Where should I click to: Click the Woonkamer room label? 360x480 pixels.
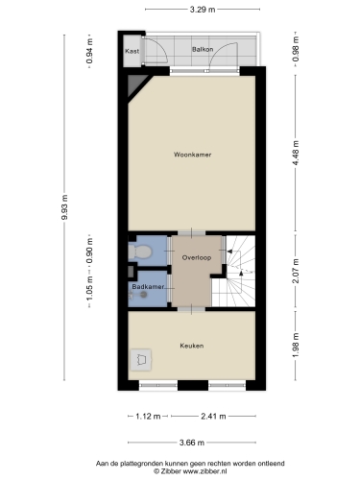(x=192, y=155)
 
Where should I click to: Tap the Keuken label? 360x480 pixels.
(x=192, y=346)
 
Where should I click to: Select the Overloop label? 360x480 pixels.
(x=197, y=257)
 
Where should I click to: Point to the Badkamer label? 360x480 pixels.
(x=148, y=287)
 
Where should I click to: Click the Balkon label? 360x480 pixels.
(x=203, y=49)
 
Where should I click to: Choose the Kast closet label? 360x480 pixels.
(x=132, y=51)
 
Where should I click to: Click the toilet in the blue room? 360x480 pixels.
(x=139, y=252)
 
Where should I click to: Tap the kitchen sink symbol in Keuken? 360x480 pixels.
(x=141, y=360)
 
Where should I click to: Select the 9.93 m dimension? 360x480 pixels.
(x=64, y=207)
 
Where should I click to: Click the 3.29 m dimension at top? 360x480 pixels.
(x=203, y=10)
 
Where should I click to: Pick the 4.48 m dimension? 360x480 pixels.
(x=296, y=153)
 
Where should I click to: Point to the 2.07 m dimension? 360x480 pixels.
(x=296, y=271)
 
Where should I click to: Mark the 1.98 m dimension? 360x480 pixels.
(x=296, y=346)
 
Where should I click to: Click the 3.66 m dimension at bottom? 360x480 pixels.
(x=192, y=443)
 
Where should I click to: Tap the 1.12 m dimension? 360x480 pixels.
(x=148, y=417)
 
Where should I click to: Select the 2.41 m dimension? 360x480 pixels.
(x=213, y=417)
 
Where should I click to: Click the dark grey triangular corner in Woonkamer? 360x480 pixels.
(x=135, y=84)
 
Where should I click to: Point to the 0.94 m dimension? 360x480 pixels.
(x=89, y=51)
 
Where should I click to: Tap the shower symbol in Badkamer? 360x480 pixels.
(x=138, y=295)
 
